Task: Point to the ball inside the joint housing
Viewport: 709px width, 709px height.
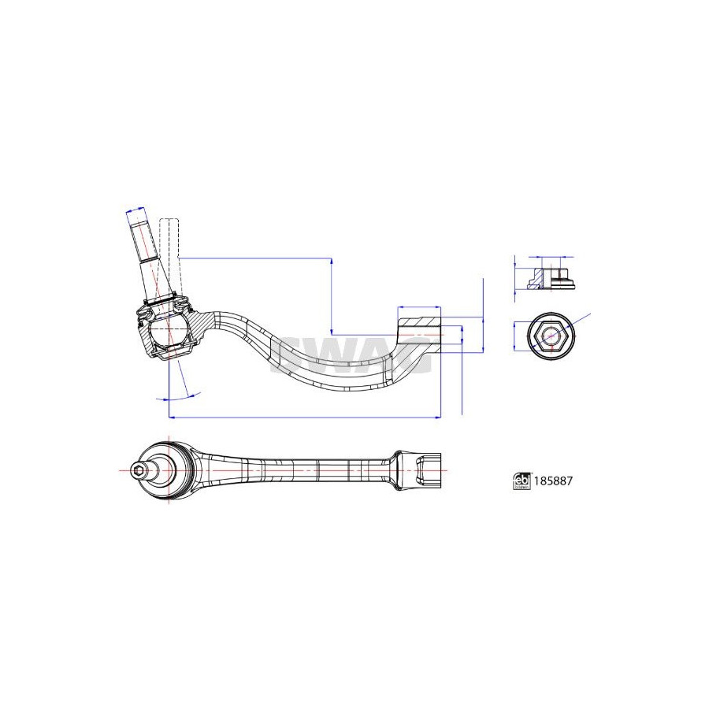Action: coord(168,332)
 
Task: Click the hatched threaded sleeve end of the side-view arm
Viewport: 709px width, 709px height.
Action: coord(419,329)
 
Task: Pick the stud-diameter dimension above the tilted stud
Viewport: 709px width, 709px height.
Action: coord(135,210)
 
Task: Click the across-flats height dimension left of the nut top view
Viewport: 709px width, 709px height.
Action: coord(515,337)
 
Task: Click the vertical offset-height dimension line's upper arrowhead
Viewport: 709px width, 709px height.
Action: coord(332,262)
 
